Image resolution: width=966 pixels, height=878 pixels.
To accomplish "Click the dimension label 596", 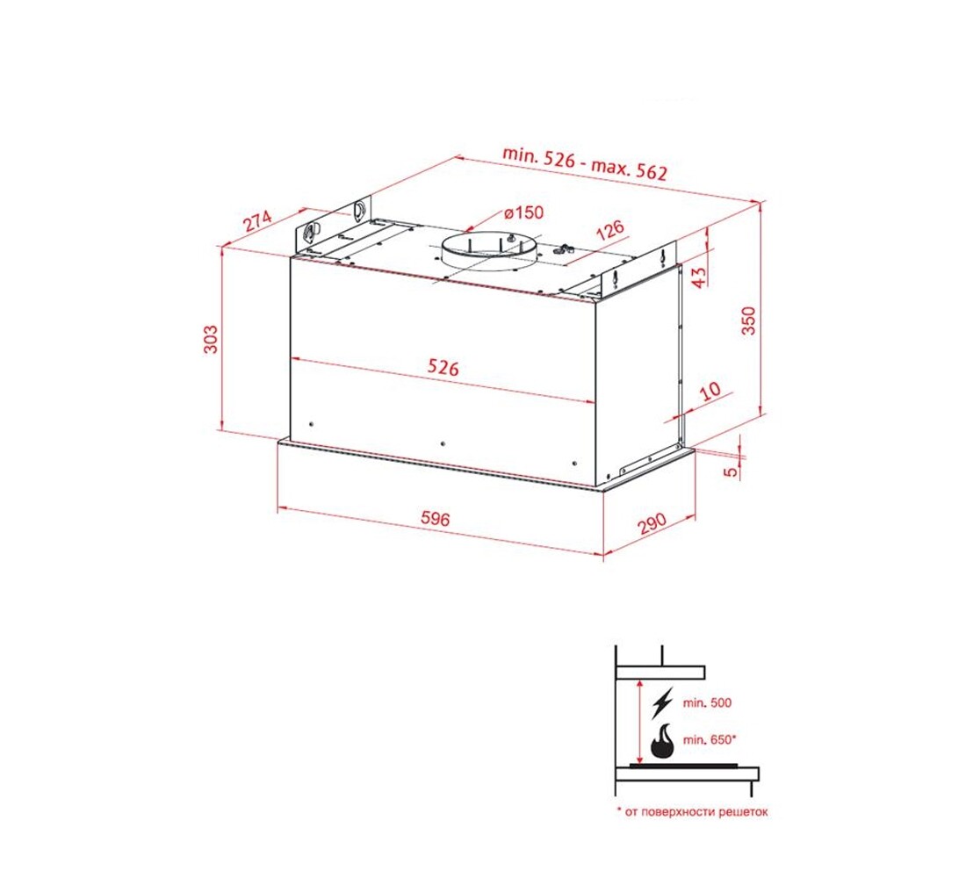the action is [435, 518].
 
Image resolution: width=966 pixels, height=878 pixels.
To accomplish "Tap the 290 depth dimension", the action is [652, 523].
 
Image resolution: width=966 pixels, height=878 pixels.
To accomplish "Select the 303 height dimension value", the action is [211, 339].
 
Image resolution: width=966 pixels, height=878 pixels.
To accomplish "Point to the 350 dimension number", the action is [748, 320].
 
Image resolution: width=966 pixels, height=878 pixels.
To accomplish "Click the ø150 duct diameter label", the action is [523, 212].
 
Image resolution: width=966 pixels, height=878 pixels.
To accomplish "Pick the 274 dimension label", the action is [257, 220].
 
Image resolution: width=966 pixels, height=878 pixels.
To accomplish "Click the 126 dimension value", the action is [610, 230].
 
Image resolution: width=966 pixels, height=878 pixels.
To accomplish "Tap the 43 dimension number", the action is [699, 277].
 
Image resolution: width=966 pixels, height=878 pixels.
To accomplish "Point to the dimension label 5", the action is [731, 472].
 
